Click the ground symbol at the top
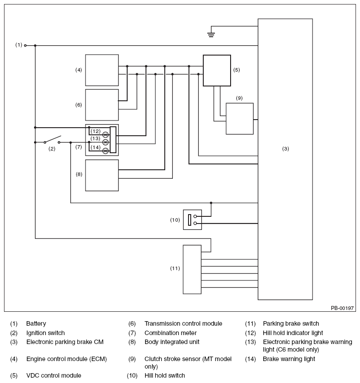[211, 34]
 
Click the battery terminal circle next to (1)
[25, 45]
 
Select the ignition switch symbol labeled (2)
[52, 140]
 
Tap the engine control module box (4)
[102, 70]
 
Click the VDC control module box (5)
[217, 70]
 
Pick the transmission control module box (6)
[102, 105]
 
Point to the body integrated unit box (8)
[102, 176]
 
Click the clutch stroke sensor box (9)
[240, 119]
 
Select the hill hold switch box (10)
[193, 219]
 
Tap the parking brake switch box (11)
[192, 269]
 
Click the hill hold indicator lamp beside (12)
[106, 134]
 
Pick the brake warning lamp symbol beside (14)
[106, 151]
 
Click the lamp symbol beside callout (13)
[106, 142]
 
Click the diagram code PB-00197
[342, 308]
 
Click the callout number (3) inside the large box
[286, 149]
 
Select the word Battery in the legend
[36, 323]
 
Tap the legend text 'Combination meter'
[171, 333]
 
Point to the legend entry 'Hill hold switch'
[165, 375]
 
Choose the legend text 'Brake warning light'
[289, 359]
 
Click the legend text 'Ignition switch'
[45, 333]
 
